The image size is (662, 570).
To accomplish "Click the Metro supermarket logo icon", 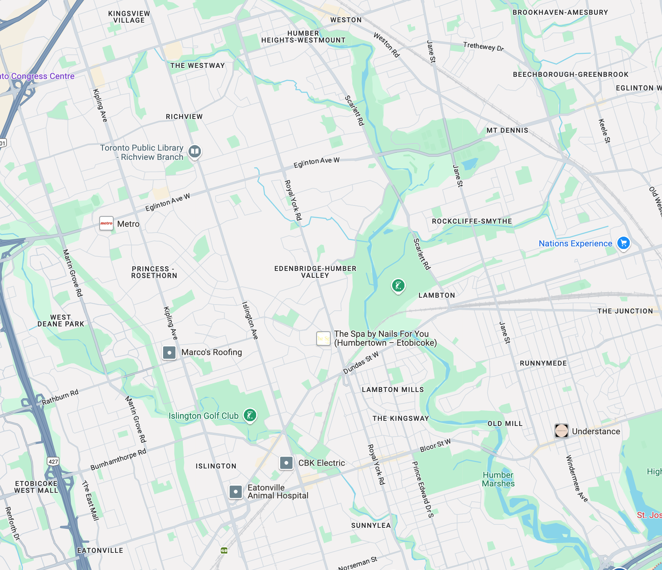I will (x=106, y=224).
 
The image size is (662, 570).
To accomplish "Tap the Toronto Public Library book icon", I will (x=195, y=151).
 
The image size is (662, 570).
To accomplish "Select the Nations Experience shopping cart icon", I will (x=624, y=243).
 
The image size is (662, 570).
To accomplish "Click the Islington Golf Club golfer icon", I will (x=250, y=415).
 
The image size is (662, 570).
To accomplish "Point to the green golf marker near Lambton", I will (x=398, y=285).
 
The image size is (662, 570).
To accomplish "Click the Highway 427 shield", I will (x=53, y=461).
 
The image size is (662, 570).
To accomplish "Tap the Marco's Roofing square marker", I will (x=169, y=352).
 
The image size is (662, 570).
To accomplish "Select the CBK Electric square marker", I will (x=286, y=463).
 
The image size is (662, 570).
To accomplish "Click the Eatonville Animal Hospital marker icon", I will (x=236, y=491).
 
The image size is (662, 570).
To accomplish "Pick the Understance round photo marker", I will (x=561, y=431).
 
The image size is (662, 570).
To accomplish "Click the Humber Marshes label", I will (x=498, y=479).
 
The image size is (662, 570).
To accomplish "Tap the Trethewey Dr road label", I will (x=483, y=46).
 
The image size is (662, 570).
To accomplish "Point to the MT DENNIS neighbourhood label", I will (x=507, y=130).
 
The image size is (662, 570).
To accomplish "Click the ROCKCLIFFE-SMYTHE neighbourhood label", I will (x=472, y=221).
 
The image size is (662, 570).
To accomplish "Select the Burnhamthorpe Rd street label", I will (x=118, y=460).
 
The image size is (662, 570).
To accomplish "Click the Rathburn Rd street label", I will (x=60, y=397).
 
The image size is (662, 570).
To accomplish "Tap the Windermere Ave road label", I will (x=577, y=478).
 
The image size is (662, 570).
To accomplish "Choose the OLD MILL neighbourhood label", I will (x=505, y=424).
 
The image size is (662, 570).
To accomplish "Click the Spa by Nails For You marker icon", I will (x=323, y=339).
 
